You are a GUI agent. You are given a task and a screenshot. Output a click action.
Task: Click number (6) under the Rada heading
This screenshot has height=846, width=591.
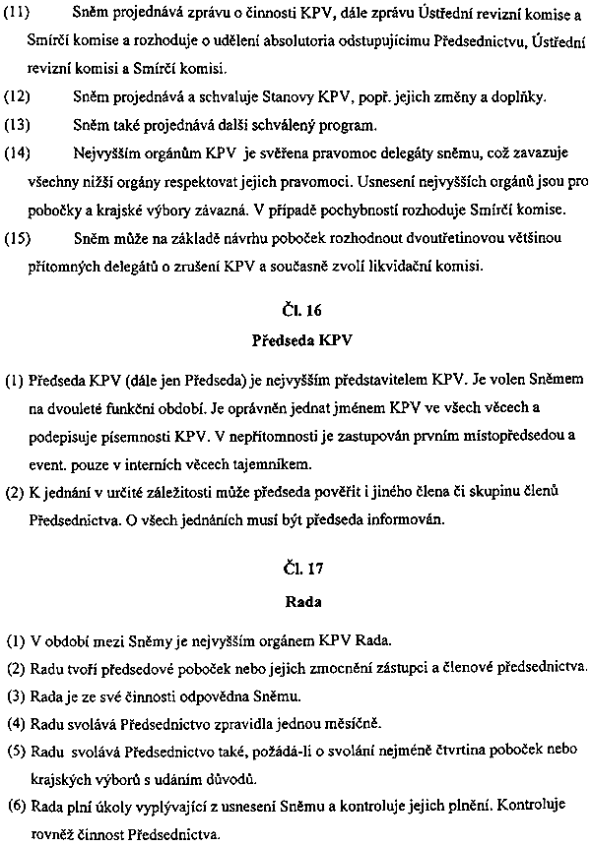(x=15, y=807)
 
